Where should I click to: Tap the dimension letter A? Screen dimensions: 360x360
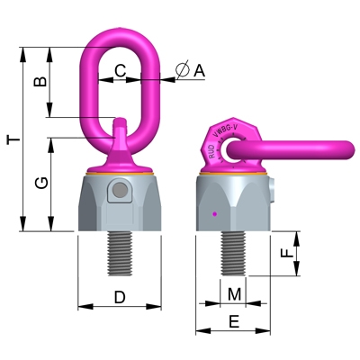coord(199,69)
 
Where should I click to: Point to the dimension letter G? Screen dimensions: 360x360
coord(40,184)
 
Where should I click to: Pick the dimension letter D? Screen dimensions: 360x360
coord(120,296)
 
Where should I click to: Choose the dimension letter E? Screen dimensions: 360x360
coord(233,320)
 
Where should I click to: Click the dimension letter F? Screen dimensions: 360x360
coord(286,254)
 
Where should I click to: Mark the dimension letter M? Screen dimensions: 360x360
coord(233,293)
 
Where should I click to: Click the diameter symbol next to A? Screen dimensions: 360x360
coord(181,69)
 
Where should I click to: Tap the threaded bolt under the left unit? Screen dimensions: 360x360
coord(120,253)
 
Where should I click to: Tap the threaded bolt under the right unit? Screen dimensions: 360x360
coord(233,253)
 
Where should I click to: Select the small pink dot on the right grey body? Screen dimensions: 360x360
coord(213,213)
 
